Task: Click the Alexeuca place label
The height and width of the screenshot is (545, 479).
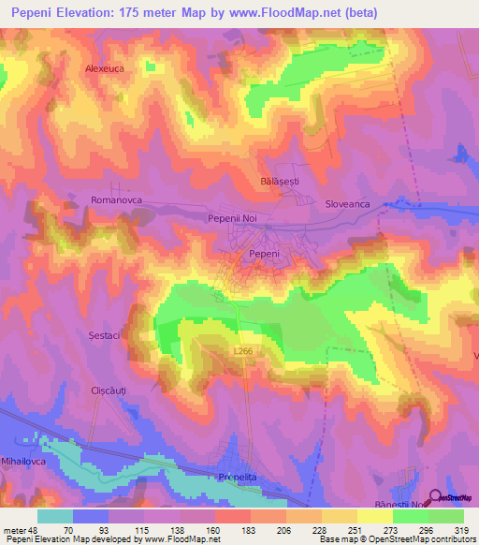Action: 105,68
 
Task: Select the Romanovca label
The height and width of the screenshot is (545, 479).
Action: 115,199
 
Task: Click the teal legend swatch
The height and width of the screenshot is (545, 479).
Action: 55,516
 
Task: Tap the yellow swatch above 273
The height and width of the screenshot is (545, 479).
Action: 375,516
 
